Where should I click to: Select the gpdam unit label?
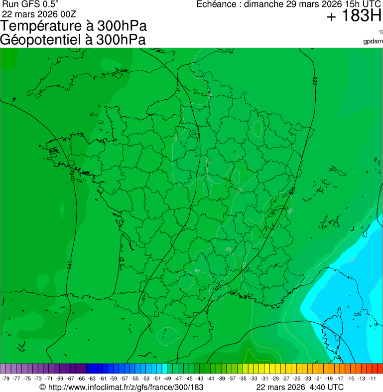pyautogui.click(x=373, y=41)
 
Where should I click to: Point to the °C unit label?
pyautogui.click(x=380, y=32)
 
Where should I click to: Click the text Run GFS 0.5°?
pyautogui.click(x=30, y=4)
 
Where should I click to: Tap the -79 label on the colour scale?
pyautogui.click(x=5, y=379)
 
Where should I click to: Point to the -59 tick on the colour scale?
pyautogui.click(x=115, y=379)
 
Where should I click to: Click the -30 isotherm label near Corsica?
pyautogui.click(x=352, y=259)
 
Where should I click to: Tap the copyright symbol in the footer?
pyautogui.click(x=43, y=387)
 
